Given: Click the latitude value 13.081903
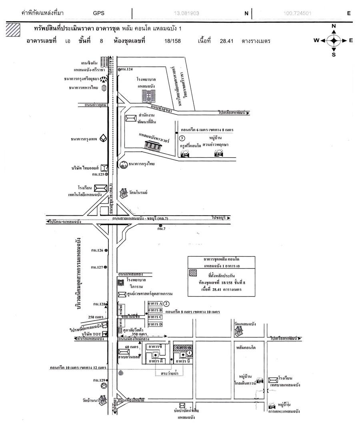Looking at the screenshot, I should click(186, 13).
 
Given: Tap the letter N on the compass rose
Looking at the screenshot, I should click(334, 26).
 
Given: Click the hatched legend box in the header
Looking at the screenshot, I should click(13, 30).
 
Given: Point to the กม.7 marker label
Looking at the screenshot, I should click(162, 229).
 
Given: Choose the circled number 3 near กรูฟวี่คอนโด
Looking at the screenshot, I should click(182, 138).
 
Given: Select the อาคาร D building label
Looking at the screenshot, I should click(155, 324).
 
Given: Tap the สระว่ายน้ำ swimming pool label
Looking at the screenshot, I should click(170, 373).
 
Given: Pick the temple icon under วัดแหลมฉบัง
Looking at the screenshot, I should click(239, 331).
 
